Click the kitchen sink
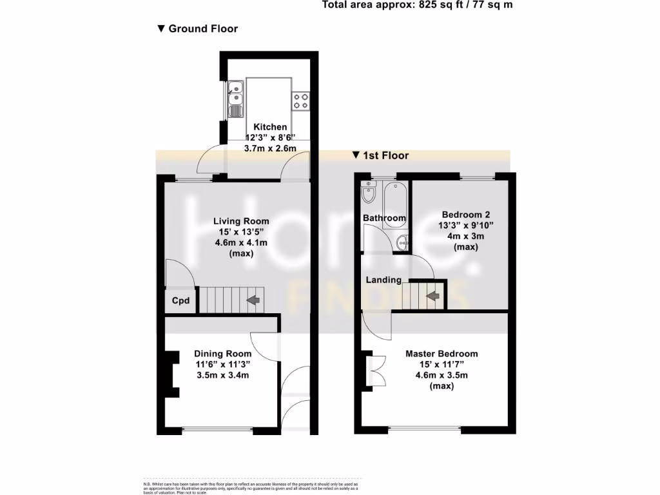(x=236, y=97)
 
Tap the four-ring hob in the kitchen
(x=302, y=99)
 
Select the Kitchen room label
(x=269, y=127)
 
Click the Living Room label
(x=242, y=221)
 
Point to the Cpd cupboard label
(x=180, y=300)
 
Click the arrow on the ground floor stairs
(x=252, y=300)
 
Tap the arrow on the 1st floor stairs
(x=432, y=296)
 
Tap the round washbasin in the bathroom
(x=402, y=243)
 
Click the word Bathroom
(x=384, y=218)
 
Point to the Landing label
(x=383, y=280)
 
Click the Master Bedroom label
(x=442, y=353)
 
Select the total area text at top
(x=417, y=5)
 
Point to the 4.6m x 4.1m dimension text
(x=242, y=243)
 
